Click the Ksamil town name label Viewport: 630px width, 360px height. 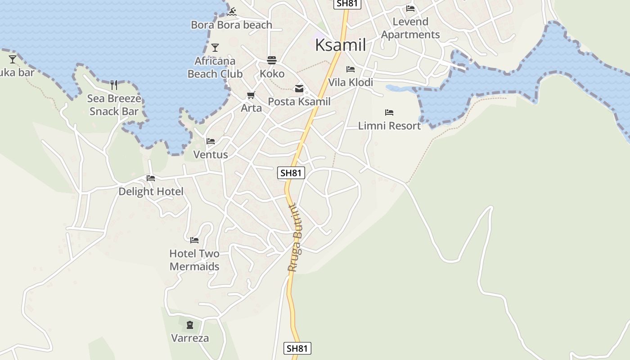(340, 45)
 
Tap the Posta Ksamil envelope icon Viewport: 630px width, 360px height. (299, 89)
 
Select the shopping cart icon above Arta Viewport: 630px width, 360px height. (251, 95)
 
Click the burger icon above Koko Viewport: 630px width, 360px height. (272, 60)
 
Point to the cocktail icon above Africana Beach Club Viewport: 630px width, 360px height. (215, 47)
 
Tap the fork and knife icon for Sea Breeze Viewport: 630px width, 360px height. (114, 85)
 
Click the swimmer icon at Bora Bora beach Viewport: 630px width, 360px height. (232, 11)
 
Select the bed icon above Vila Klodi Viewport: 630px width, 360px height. (351, 69)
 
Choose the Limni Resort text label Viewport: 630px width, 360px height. (389, 126)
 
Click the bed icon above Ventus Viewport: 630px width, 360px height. (211, 141)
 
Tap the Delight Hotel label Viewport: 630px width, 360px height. (151, 192)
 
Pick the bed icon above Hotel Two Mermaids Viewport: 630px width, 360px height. (194, 240)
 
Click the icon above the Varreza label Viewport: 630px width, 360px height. (190, 324)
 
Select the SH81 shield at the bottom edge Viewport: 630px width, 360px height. (297, 348)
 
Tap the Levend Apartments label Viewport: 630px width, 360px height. (410, 28)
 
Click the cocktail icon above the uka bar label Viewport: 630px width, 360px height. (13, 59)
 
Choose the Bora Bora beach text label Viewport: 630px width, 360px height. (231, 25)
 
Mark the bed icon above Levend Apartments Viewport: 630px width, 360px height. (410, 8)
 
